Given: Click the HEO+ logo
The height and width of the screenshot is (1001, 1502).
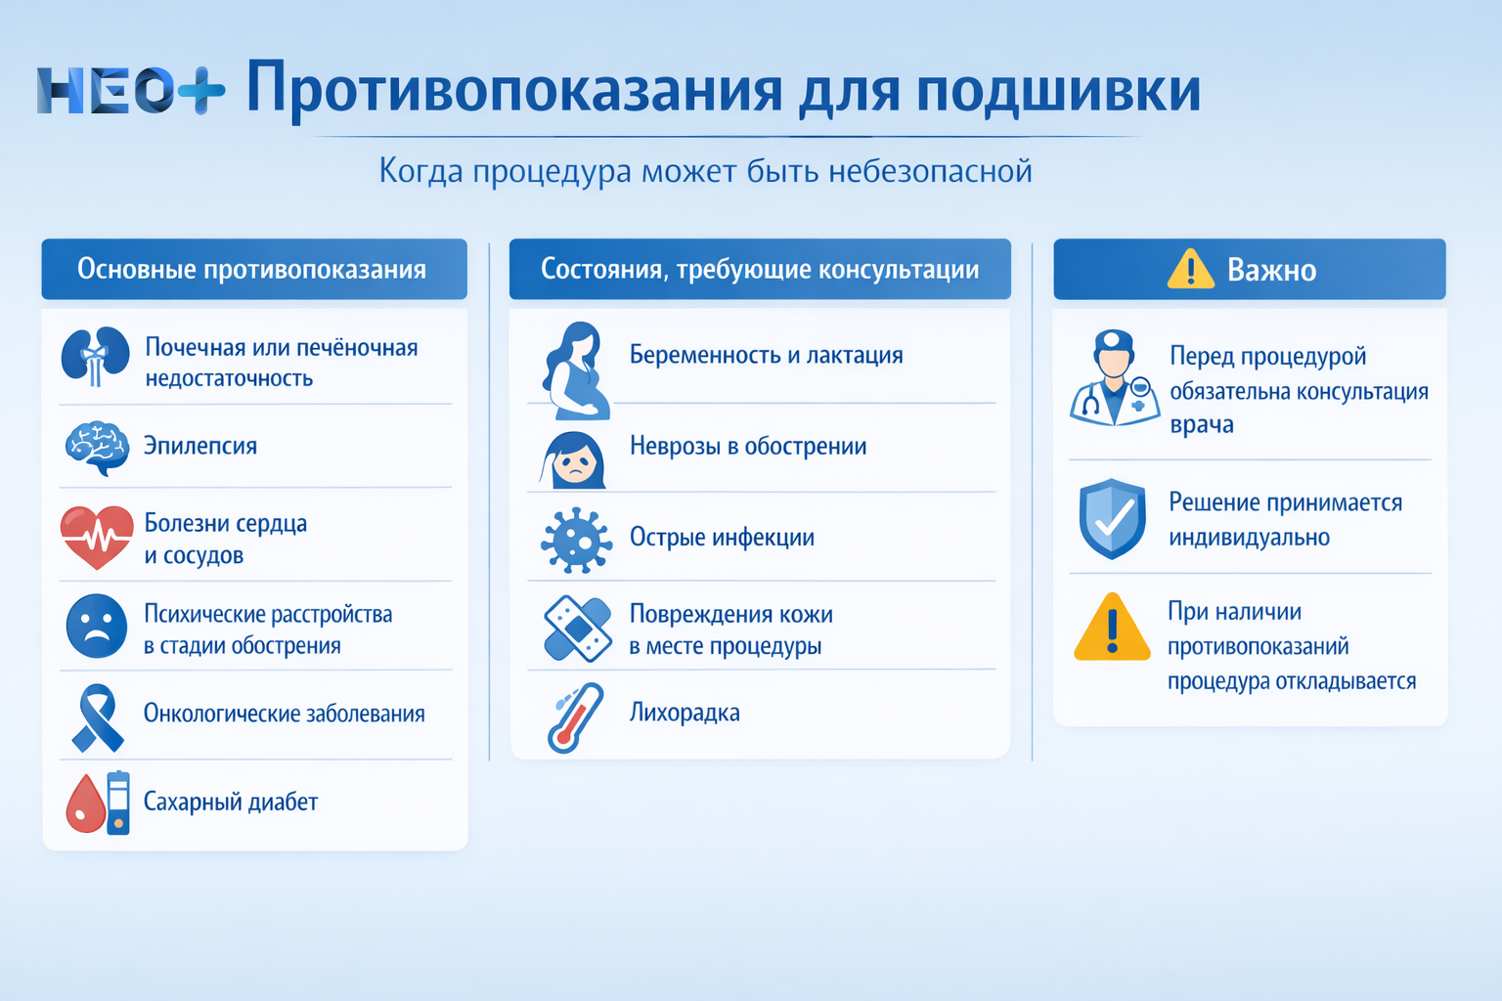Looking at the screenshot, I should (x=130, y=91).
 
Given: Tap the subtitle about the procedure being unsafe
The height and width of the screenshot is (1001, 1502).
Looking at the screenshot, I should (x=705, y=171).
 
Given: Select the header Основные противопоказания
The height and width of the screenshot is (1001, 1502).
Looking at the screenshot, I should (x=252, y=269).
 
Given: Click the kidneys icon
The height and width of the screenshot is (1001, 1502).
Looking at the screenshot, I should (x=95, y=357).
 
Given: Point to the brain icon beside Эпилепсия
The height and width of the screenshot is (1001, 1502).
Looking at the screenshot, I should (x=97, y=447).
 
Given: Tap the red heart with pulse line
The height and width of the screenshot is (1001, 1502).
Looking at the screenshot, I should (x=97, y=537).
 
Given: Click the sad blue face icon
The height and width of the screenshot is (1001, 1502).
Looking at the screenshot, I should (x=97, y=627).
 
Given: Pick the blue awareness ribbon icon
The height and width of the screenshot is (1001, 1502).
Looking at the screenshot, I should (x=97, y=717).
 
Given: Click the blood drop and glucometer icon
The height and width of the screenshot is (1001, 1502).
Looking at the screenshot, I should (x=99, y=803).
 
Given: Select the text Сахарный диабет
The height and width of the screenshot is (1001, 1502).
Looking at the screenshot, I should (x=231, y=803).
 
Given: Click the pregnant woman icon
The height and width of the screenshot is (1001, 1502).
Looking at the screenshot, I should (x=577, y=370).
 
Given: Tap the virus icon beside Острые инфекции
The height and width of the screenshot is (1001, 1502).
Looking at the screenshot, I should (x=577, y=539).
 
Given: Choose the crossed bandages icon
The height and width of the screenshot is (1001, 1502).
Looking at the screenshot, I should (x=577, y=628).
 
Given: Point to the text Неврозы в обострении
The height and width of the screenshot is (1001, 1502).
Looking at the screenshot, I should (x=748, y=447).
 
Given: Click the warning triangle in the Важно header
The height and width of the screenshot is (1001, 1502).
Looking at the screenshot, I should (x=1190, y=269).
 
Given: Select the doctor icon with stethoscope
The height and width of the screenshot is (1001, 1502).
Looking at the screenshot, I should (x=1114, y=379).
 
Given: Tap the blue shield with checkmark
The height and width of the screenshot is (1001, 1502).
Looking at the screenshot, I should (x=1112, y=518).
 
